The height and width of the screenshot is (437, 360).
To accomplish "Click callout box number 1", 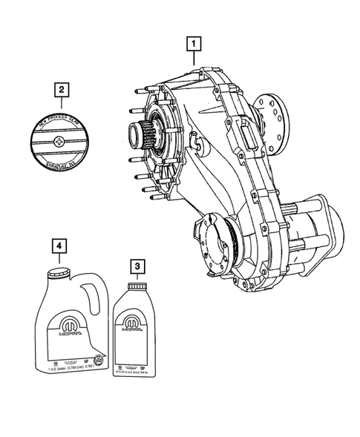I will [x=194, y=44].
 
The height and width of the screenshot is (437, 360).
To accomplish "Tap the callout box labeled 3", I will [x=135, y=264].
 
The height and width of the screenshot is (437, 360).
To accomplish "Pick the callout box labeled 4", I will [x=56, y=245].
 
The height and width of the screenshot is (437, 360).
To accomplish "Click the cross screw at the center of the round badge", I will [x=62, y=139].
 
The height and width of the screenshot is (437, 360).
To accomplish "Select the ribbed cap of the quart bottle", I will [x=136, y=286].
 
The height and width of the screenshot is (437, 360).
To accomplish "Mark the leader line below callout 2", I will [x=62, y=105].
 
